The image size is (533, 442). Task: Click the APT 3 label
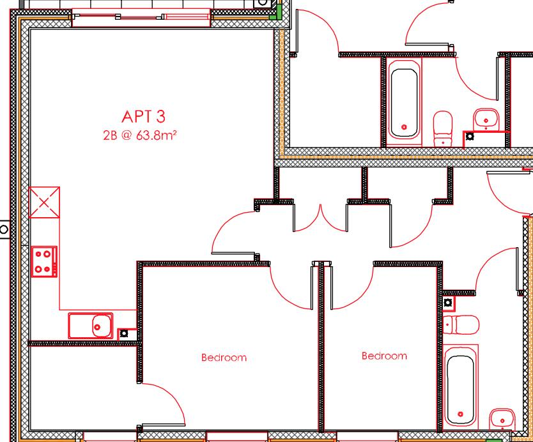(143, 116)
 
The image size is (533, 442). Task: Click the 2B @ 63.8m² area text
(139, 135)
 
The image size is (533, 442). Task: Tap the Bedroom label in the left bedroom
(224, 358)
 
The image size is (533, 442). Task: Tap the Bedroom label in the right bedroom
(384, 356)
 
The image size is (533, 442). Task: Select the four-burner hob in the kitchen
(44, 262)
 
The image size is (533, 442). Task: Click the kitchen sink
(91, 326)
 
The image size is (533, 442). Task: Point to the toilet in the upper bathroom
(443, 128)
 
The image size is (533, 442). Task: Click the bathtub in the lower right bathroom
(460, 387)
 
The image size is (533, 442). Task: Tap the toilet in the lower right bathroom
(461, 324)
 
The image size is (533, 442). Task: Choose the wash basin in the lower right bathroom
(502, 420)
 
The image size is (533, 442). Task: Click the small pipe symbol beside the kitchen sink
(124, 333)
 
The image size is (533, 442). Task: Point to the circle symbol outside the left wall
(4, 228)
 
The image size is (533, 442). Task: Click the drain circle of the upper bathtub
(403, 127)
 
